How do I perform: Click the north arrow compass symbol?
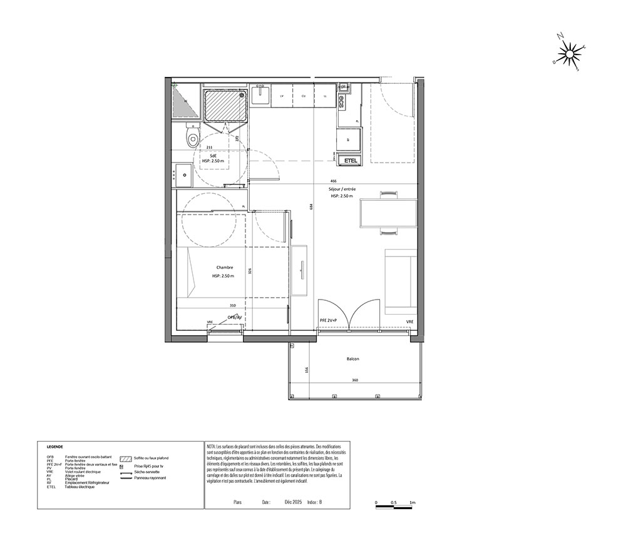pos(569,54)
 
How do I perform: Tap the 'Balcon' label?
pos(352,359)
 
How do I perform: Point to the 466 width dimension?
pos(342,180)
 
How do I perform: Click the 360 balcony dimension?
pos(354,380)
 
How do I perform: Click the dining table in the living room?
pos(388,213)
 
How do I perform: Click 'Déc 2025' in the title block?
pos(293,502)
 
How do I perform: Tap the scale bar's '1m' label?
pos(413,503)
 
